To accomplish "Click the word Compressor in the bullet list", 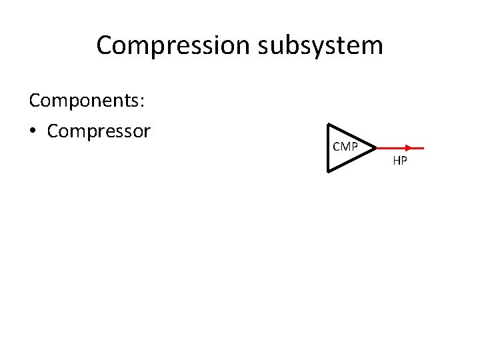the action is [x=99, y=131].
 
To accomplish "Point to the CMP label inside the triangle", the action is [x=345, y=147].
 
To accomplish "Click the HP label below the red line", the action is [x=400, y=161].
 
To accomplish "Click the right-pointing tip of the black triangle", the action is [x=377, y=148].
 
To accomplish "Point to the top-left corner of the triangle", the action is [x=328, y=124].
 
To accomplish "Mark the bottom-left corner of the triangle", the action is [x=328, y=172].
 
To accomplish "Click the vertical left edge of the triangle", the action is [x=328, y=148].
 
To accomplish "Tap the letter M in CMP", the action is [x=345, y=147].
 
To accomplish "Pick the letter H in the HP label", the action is [x=397, y=161].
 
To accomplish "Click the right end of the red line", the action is [x=424, y=148].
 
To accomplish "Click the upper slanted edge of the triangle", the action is [x=352, y=136].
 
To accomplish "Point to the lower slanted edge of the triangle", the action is [x=352, y=160].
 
